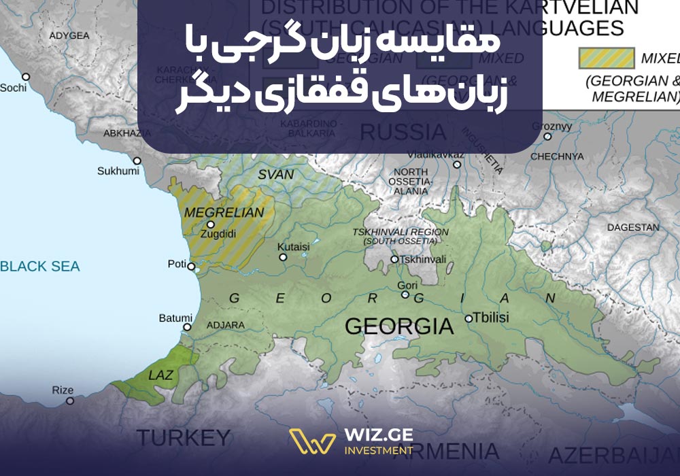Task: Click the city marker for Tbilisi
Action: point(469,318)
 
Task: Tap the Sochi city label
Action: point(13,88)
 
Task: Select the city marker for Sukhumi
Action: point(137,161)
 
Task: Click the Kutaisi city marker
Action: point(283,257)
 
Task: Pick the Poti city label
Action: point(176,264)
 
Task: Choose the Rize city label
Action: point(63,390)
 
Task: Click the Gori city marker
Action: point(405,294)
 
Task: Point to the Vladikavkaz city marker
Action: point(457,164)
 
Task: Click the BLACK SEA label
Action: point(40,266)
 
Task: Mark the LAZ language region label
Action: point(160,374)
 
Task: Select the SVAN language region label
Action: point(276,175)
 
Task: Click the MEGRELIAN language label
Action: point(224,213)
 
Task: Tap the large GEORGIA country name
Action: point(399,326)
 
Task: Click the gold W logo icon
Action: point(312,441)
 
